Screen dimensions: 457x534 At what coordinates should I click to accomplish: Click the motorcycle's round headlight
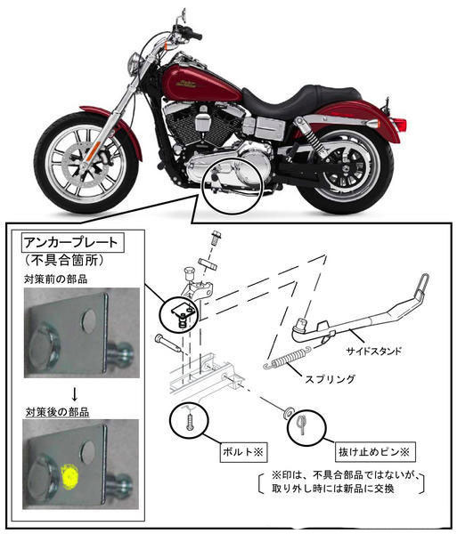pyautogui.click(x=134, y=63)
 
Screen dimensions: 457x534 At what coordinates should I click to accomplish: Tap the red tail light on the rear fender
pyautogui.click(x=400, y=124)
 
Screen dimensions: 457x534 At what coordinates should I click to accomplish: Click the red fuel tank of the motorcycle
pyautogui.click(x=201, y=83)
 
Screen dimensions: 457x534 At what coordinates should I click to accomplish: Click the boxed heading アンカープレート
pyautogui.click(x=72, y=242)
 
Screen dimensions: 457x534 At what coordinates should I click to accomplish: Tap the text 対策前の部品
pyautogui.click(x=55, y=279)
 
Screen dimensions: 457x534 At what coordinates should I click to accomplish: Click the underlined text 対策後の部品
pyautogui.click(x=57, y=412)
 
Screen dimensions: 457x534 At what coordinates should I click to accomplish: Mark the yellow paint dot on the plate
pyautogui.click(x=69, y=475)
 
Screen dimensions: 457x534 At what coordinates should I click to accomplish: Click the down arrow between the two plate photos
pyautogui.click(x=75, y=393)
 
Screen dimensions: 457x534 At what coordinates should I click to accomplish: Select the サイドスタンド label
pyautogui.click(x=374, y=352)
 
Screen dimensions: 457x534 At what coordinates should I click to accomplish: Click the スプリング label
pyautogui.click(x=330, y=379)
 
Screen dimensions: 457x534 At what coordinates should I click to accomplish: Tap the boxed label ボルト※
pyautogui.click(x=243, y=452)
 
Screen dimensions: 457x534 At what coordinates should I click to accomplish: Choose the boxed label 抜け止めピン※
pyautogui.click(x=373, y=452)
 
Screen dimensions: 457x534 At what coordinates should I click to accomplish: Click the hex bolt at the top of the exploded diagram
pyautogui.click(x=216, y=237)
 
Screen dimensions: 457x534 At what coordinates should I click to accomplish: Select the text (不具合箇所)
pyautogui.click(x=63, y=260)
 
